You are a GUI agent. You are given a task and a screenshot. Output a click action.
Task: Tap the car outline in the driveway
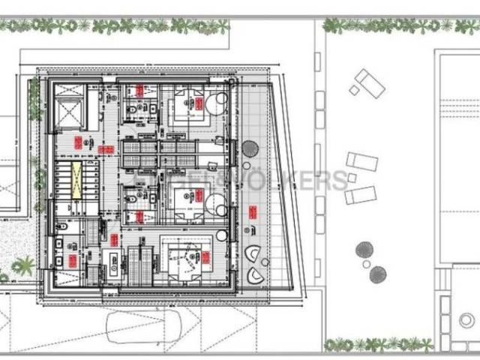tap(150, 325)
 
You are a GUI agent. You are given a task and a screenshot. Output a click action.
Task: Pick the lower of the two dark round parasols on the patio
tap(378, 274)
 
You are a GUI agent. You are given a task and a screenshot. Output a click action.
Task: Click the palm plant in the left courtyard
tap(24, 265)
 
